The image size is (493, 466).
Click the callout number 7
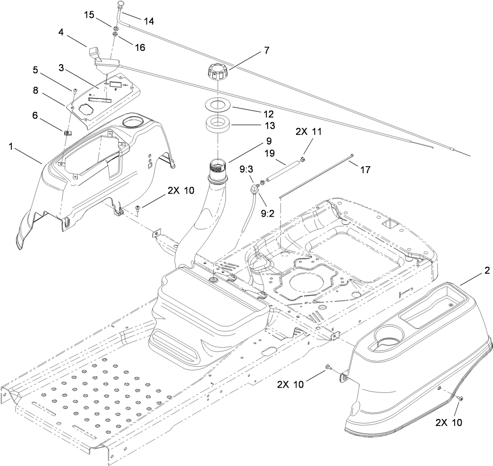tap(266, 50)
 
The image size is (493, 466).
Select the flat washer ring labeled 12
tap(218, 106)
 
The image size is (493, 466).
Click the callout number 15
tap(89, 15)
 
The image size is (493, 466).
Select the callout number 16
tap(140, 47)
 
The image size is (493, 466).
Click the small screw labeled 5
tap(75, 90)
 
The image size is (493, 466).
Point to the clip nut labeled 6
tap(67, 133)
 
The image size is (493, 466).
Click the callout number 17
tap(365, 170)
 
